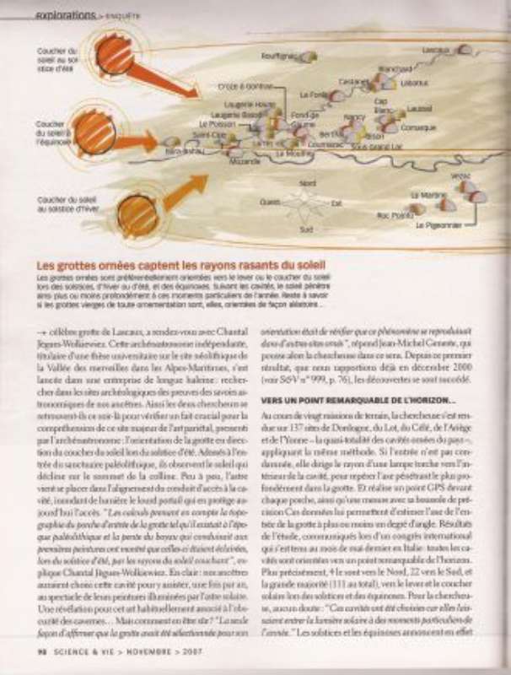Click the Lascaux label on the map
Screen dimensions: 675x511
(435, 50)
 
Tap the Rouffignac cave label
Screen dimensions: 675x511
(277, 56)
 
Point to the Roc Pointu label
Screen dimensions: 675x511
(392, 215)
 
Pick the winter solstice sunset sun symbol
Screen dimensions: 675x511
(137, 215)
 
